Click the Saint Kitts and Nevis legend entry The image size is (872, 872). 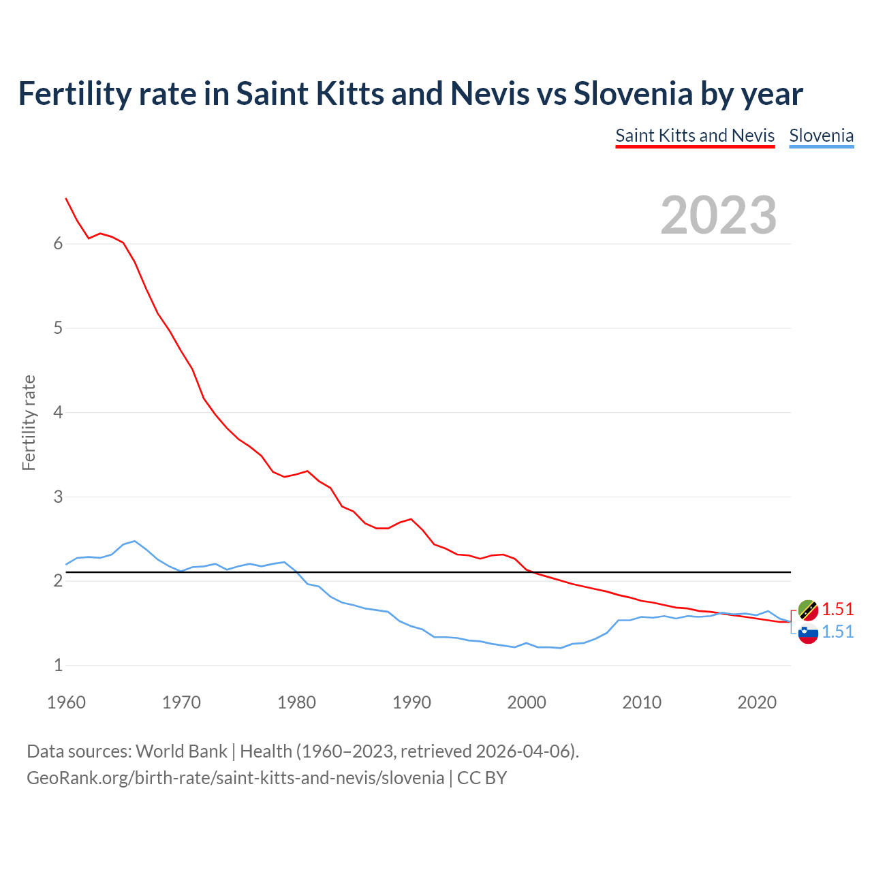(x=695, y=136)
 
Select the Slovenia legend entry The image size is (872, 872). (x=821, y=136)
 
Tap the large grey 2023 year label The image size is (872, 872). (x=719, y=215)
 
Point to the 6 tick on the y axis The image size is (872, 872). (x=58, y=244)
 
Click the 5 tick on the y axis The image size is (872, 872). (x=58, y=328)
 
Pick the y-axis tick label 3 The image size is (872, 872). (x=58, y=497)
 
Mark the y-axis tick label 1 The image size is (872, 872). (x=58, y=666)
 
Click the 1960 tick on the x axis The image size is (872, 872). (x=66, y=702)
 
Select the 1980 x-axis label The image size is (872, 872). (x=296, y=702)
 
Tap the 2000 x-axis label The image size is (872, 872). (x=527, y=702)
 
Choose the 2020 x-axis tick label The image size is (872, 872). (x=757, y=702)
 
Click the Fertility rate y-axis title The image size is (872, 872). (x=29, y=422)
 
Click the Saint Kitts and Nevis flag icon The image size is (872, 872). (x=808, y=610)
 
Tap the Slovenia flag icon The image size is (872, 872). (x=808, y=633)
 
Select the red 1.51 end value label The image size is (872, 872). (x=837, y=609)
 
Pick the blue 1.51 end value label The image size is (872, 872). (x=837, y=632)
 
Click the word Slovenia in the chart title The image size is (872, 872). (x=633, y=93)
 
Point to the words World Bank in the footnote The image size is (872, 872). (x=181, y=751)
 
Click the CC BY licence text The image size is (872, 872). (x=482, y=778)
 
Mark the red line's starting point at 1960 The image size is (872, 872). (x=66, y=198)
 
